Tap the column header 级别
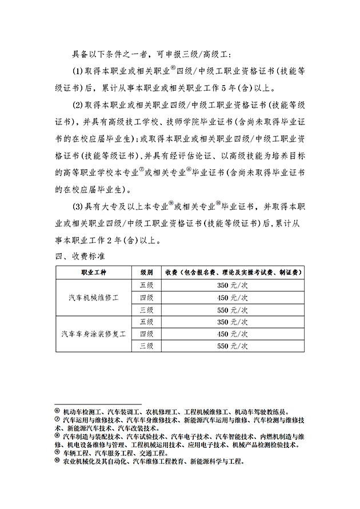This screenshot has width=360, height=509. pyautogui.click(x=146, y=272)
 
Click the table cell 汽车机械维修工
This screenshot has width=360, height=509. pyautogui.click(x=93, y=297)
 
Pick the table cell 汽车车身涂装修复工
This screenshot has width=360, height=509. pyautogui.click(x=93, y=333)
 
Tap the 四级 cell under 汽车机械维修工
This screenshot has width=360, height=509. pyautogui.click(x=146, y=297)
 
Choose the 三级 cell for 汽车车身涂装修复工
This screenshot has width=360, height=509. pyautogui.click(x=146, y=346)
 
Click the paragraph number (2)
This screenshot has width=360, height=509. pyautogui.click(x=78, y=106)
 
